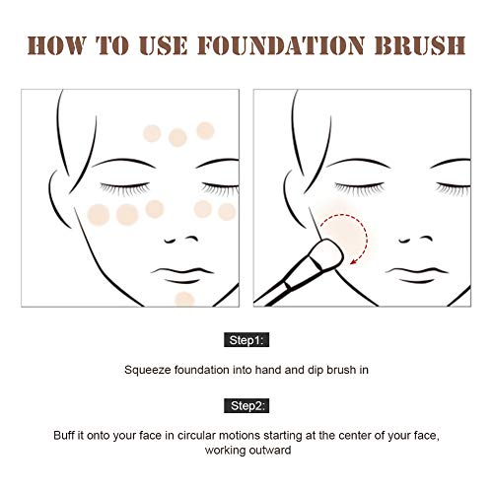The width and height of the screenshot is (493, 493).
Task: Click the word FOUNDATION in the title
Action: point(281,45)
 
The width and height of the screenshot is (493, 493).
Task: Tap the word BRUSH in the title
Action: point(420,45)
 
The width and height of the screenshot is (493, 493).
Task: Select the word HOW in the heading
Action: point(57,45)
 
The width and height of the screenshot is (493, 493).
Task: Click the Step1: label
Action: point(246,340)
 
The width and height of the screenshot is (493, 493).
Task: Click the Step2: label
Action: point(246,406)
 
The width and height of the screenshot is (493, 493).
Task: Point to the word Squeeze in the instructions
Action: point(148,371)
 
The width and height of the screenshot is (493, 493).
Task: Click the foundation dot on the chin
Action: point(184,300)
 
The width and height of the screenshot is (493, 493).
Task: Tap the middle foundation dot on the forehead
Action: point(177,137)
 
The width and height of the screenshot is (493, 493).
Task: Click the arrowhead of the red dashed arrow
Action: point(354,261)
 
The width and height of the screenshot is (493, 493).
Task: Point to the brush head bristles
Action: point(327,253)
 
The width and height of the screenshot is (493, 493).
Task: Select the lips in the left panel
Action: point(182,275)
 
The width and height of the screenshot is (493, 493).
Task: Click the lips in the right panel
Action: point(417,275)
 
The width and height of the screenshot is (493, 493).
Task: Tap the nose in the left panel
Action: point(181,240)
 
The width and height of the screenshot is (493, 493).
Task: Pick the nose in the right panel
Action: point(416,240)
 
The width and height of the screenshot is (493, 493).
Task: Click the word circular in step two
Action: point(196,435)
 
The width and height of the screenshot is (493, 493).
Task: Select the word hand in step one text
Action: point(268,370)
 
